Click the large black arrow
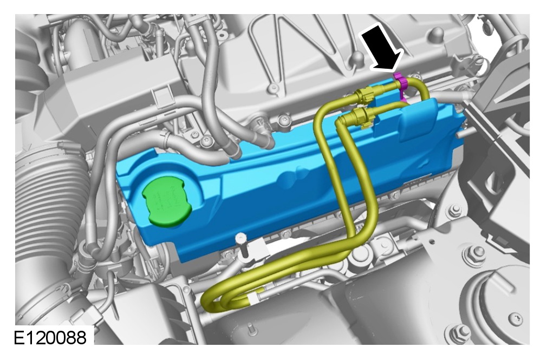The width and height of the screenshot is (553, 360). (x=382, y=47)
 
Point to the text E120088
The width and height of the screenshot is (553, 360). (x=50, y=337)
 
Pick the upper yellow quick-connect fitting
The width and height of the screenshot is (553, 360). (x=364, y=96)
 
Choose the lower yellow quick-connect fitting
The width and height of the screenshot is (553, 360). (x=363, y=117)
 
